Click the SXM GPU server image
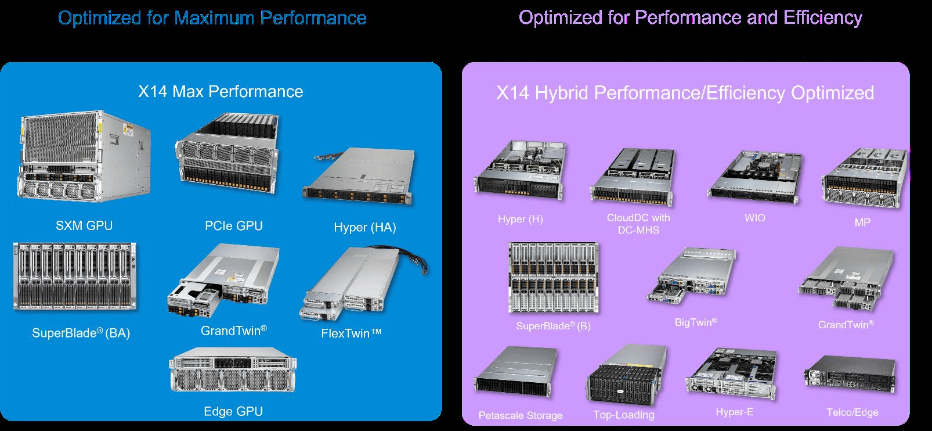point(85,157)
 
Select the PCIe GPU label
point(234,225)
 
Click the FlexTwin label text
point(352,333)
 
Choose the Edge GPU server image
point(233,373)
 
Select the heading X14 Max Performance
point(221,91)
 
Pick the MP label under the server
point(862,222)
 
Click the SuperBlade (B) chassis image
point(553,278)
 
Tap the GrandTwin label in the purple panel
point(846,324)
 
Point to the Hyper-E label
point(734,412)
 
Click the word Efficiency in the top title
point(822,17)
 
